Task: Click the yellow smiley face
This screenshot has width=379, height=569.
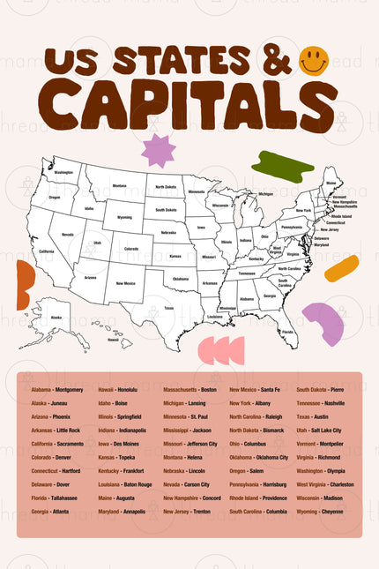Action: point(314,61)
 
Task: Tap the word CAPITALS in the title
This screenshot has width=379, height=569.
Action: point(190,105)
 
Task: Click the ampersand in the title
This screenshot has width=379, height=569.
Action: point(276,62)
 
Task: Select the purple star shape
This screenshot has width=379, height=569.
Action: point(159,150)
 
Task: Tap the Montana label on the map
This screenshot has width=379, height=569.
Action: point(118,186)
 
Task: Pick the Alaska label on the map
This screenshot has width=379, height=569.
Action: point(56,317)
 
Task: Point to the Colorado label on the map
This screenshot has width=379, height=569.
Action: point(130,249)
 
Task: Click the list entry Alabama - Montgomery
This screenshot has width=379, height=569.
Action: point(57,389)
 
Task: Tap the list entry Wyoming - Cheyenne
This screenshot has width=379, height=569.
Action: point(320,511)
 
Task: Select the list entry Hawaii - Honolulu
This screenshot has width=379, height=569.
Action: point(117,389)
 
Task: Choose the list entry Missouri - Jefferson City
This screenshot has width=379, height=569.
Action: point(189,444)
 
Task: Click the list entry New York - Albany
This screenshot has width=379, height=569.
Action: point(250,403)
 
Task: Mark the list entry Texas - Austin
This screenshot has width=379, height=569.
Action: point(312,416)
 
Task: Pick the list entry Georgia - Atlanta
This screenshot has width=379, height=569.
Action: point(50,511)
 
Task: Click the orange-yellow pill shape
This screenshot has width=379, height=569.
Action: point(341,268)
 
